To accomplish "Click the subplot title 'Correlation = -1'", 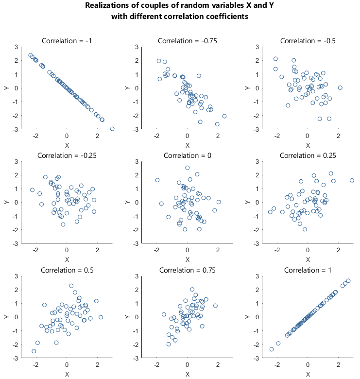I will [x=67, y=41].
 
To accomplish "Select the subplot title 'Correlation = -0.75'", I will [x=187, y=41].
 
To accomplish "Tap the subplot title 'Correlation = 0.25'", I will [x=308, y=155].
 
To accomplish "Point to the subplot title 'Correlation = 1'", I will [x=308, y=270].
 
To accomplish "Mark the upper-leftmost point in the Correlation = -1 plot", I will [x=31, y=55].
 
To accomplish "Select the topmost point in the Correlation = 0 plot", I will [x=187, y=168].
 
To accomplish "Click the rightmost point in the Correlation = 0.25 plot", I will [x=352, y=180].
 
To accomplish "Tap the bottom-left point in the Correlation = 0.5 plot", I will [x=34, y=351].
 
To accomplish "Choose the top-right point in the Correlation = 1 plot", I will [x=348, y=281].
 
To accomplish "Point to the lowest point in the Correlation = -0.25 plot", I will [x=63, y=224].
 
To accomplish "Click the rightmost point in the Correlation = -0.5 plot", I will [x=340, y=88].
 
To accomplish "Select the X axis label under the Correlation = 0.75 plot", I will [x=187, y=374].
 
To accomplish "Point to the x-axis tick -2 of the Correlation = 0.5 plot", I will [x=36, y=364].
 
